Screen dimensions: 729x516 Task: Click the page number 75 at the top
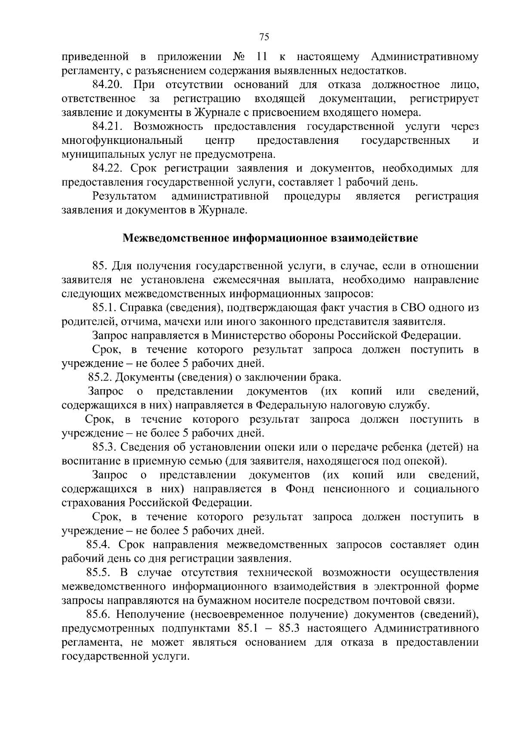tap(264, 37)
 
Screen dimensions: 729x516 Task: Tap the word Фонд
tap(300, 489)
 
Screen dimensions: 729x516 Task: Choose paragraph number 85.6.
tap(104, 615)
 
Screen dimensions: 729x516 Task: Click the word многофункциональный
tap(123, 140)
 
